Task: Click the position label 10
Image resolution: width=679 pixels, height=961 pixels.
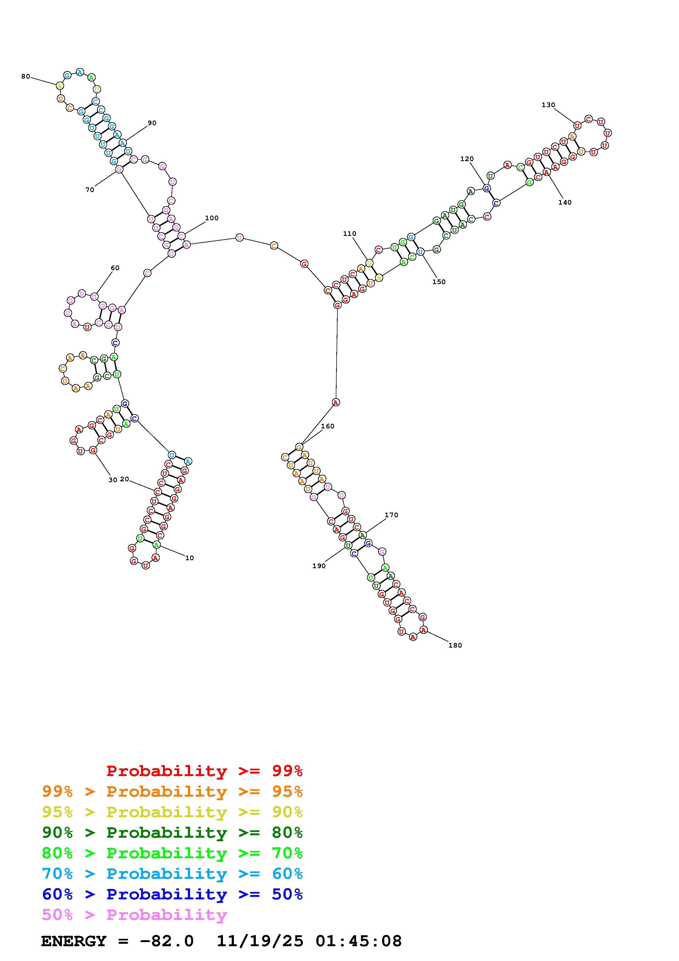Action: click(x=190, y=558)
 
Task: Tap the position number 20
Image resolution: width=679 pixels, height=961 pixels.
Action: click(x=124, y=479)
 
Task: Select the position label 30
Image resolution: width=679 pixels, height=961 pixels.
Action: click(x=113, y=480)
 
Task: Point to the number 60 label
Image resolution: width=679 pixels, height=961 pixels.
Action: click(x=115, y=268)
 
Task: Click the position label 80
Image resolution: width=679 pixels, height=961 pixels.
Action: click(x=25, y=77)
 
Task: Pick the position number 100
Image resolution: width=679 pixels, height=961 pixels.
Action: click(x=212, y=218)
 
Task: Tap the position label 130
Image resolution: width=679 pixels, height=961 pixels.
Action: click(x=548, y=105)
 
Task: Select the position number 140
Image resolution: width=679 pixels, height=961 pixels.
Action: click(x=565, y=202)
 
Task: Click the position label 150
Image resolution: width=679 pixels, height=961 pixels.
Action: click(x=439, y=282)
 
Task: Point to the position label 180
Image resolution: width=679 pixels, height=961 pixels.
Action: click(x=455, y=645)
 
